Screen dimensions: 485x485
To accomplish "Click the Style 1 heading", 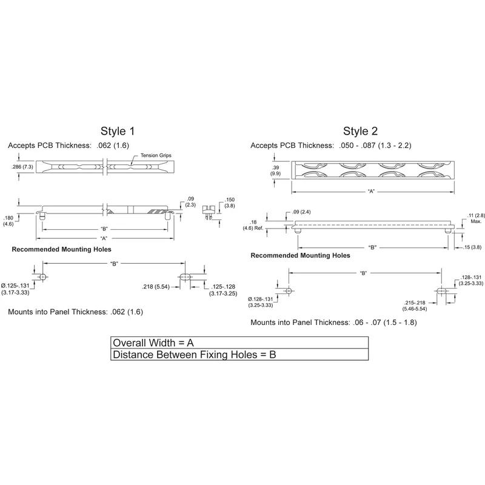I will tap(118, 131).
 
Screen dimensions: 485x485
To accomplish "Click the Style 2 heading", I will tap(360, 131).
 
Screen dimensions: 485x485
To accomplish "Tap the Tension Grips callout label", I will tap(156, 156).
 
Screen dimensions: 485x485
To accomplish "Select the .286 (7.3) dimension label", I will tap(22, 166).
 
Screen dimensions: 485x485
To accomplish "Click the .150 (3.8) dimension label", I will tap(230, 202).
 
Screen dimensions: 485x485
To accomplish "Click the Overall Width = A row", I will tap(239, 342).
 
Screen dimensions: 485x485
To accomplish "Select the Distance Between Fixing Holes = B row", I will tap(239, 355).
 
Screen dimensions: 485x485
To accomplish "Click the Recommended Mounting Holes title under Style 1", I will tap(62, 249).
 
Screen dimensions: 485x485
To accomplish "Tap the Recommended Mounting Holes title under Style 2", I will tap(300, 256).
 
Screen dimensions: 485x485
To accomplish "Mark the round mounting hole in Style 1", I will tap(42, 276).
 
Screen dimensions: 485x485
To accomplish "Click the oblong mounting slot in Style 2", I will tap(444, 291).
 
